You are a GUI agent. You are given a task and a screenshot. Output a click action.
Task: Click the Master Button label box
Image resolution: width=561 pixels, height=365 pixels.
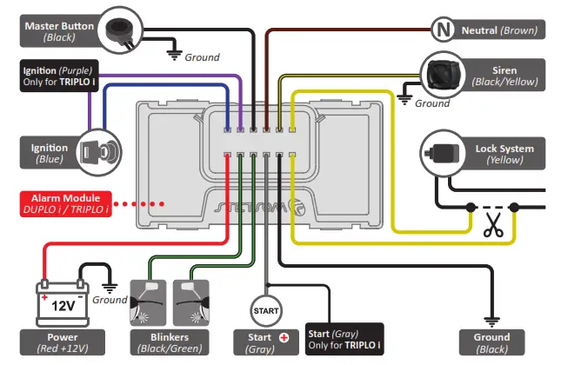(58, 32)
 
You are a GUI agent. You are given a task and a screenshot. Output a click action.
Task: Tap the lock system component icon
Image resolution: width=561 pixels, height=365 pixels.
(441, 154)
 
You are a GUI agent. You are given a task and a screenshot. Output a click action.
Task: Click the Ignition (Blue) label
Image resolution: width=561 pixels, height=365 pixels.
(46, 153)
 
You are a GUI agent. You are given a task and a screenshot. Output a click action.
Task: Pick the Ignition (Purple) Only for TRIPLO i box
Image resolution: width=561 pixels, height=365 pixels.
(59, 76)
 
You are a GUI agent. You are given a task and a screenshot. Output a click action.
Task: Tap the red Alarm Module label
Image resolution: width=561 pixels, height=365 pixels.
(68, 203)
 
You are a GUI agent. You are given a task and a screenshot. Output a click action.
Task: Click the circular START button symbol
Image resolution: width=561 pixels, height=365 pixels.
(266, 309)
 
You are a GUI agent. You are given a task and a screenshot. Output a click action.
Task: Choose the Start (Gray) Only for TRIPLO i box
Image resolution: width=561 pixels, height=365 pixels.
(344, 340)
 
